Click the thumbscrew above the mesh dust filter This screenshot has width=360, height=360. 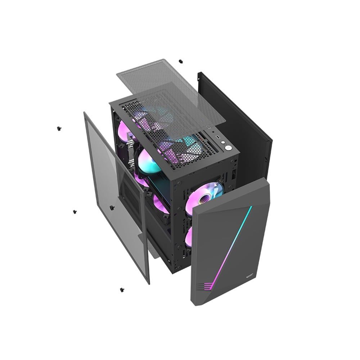[180, 62]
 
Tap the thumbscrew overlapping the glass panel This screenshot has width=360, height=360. [112, 207]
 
